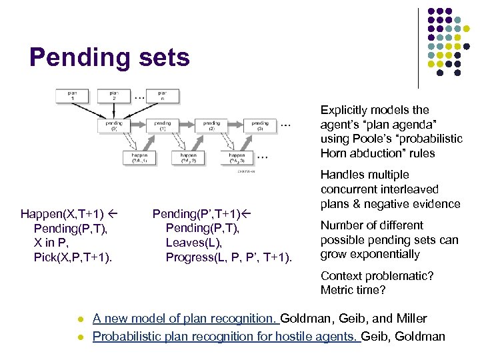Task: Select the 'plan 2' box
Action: tap(115, 97)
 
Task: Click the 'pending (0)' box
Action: tap(114, 125)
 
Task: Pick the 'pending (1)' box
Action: tap(162, 125)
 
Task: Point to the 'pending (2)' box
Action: tap(211, 125)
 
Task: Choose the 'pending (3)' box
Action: tap(260, 125)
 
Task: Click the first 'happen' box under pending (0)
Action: tap(139, 157)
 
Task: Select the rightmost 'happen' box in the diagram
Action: tap(238, 157)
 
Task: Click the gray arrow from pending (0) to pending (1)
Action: tap(138, 125)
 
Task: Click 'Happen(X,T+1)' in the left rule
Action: tap(62, 214)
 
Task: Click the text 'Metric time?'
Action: tap(353, 290)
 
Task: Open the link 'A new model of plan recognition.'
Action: tap(185, 319)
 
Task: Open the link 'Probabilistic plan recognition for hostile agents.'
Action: tap(225, 337)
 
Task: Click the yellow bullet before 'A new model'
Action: tap(80, 319)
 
